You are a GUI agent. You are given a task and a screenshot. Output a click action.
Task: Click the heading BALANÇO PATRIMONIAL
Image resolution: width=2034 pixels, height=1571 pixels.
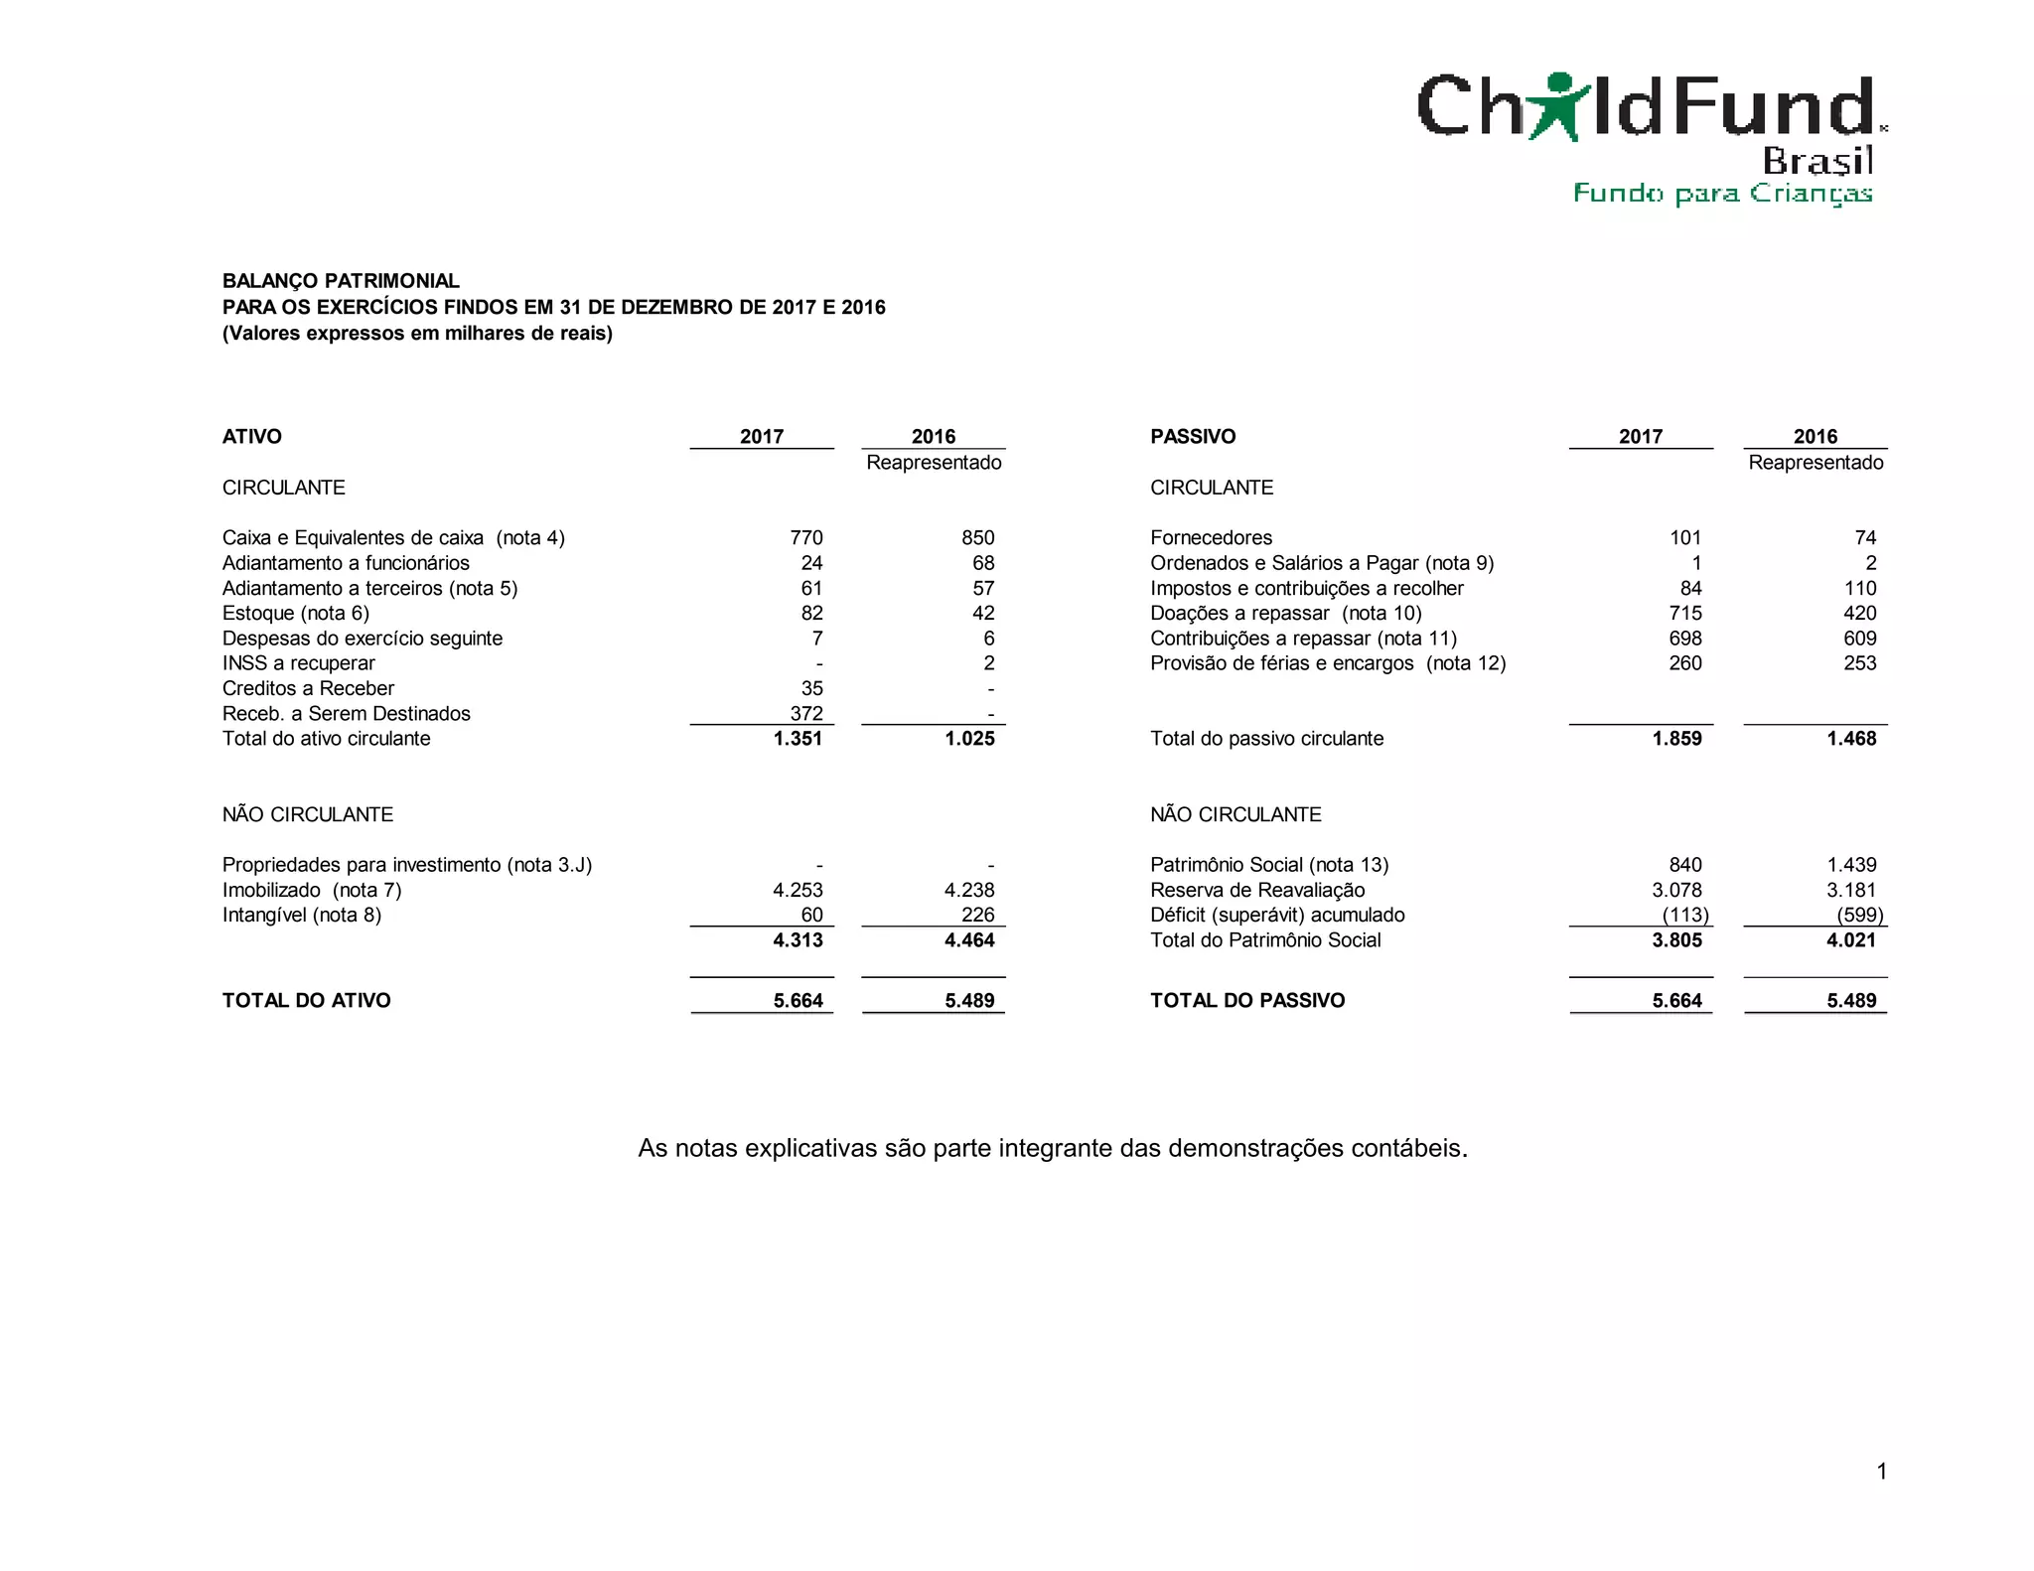341,281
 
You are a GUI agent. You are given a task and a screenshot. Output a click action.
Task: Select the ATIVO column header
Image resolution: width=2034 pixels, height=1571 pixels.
252,436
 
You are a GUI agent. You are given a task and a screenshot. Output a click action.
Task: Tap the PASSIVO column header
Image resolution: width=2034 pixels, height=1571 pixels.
1193,436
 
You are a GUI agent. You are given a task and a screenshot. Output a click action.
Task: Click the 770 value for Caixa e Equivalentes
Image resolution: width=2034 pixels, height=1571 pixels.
805,537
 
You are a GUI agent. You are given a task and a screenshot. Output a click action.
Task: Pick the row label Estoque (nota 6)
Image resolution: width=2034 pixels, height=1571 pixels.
296,613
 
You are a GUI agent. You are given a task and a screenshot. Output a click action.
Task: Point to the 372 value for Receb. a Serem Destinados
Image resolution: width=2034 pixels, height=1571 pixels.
805,713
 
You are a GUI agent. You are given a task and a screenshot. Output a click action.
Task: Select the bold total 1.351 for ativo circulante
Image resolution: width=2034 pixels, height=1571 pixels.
798,738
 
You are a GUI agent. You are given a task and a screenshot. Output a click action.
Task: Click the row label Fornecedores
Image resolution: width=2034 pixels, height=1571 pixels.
1211,537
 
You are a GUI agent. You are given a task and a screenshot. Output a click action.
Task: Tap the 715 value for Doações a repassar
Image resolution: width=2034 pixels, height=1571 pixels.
1684,613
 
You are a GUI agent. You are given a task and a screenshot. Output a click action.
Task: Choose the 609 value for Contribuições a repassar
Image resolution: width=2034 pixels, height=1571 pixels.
1859,638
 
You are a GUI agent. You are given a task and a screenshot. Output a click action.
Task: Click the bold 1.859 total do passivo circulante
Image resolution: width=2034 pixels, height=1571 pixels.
1676,738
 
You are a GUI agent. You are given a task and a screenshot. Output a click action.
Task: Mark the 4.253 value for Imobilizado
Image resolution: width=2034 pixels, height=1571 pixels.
798,890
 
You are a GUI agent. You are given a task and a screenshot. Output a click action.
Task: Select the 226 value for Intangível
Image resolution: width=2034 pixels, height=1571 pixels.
977,915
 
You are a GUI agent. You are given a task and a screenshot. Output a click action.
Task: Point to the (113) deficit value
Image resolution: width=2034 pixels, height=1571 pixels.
1685,915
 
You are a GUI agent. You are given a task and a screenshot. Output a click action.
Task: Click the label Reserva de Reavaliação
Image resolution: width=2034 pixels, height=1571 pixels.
1257,890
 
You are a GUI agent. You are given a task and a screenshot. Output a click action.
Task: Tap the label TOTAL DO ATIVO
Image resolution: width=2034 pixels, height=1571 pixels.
306,1000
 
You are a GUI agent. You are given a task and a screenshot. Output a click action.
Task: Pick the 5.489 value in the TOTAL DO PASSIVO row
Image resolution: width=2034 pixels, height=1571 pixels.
1851,1000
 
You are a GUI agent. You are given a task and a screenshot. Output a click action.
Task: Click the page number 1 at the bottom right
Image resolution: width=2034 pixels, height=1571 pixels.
1881,1471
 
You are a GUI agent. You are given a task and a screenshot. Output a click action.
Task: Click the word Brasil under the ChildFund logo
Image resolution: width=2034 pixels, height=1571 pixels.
1817,160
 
